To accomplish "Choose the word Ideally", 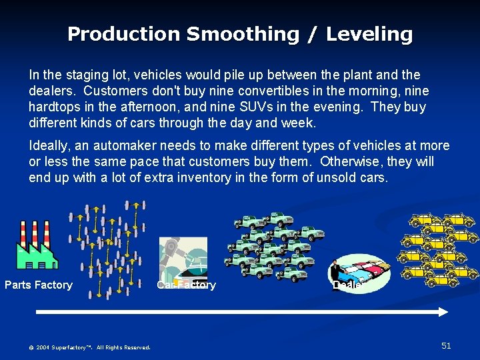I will coord(49,146).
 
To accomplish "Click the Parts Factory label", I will coord(39,285).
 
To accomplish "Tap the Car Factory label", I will coord(186,285).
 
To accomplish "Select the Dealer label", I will coord(347,285).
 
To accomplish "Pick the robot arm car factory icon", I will coord(183,259).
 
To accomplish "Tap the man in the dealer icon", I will coord(335,272).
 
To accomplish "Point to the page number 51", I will coord(446,345).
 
